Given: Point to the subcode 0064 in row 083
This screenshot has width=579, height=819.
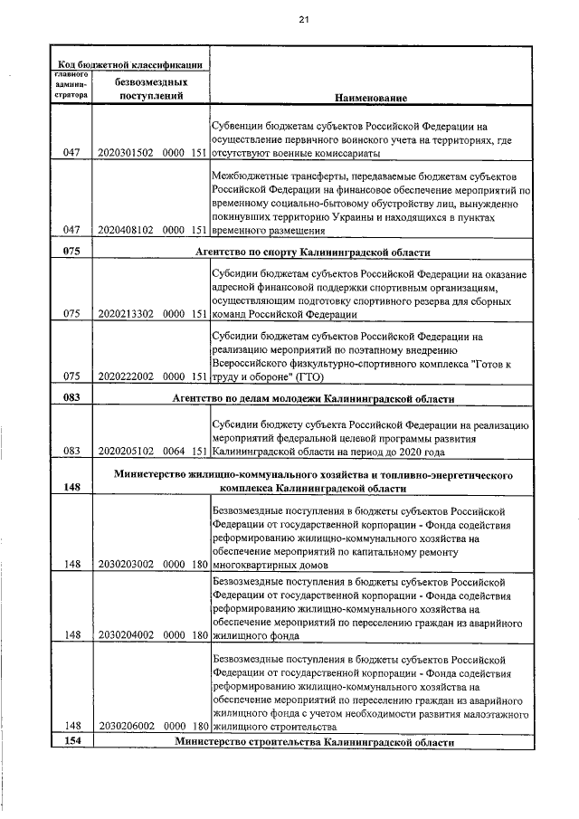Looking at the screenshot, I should (x=170, y=450).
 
